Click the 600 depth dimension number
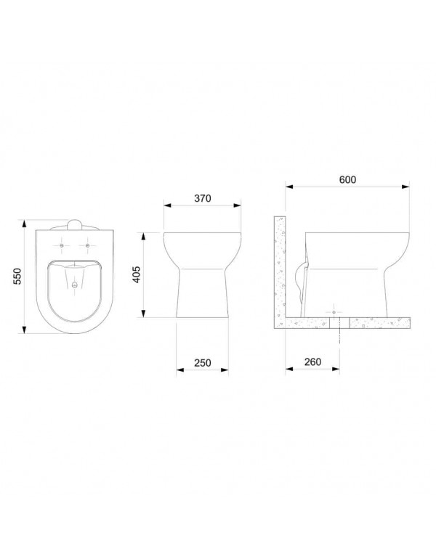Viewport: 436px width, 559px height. click(x=347, y=180)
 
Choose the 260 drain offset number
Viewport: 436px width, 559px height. click(x=312, y=362)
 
